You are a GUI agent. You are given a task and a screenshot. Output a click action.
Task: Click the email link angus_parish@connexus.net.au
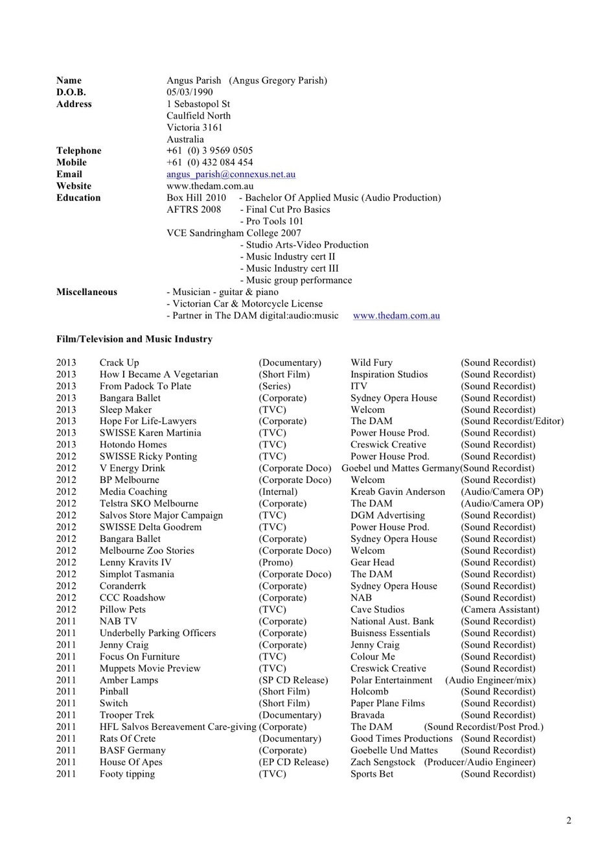[231, 174]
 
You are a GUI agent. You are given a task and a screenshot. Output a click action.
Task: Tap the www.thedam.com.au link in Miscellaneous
[396, 316]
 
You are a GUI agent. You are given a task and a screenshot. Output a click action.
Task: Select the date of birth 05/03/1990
[189, 92]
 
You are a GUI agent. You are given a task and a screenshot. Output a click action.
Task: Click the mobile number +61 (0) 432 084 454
[209, 163]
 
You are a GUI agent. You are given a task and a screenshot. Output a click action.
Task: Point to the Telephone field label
[78, 151]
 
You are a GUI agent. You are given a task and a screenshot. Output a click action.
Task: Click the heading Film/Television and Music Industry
[134, 339]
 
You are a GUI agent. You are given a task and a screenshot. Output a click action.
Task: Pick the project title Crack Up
[119, 362]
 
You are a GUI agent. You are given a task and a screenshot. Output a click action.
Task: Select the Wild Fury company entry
[371, 362]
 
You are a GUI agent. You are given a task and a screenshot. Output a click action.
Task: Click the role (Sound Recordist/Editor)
[512, 421]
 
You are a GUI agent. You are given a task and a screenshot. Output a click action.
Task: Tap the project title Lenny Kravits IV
[135, 563]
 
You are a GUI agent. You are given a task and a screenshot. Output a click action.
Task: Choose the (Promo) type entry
[275, 563]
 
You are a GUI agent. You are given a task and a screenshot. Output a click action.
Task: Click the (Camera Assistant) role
[500, 609]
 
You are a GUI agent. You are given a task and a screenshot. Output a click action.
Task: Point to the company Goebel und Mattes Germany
[400, 468]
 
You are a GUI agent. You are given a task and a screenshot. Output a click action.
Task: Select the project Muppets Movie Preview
[150, 668]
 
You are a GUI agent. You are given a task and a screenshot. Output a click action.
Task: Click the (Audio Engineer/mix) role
[490, 680]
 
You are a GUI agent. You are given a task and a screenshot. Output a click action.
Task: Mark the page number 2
[569, 821]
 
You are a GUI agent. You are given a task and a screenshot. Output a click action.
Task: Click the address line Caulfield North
[198, 116]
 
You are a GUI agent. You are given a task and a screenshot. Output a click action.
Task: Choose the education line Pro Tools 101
[274, 221]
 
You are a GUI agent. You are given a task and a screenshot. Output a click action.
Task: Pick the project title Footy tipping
[127, 774]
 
